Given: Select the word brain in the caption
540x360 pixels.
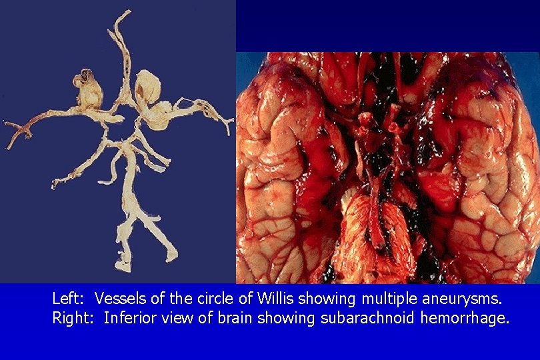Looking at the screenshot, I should tap(229, 317).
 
